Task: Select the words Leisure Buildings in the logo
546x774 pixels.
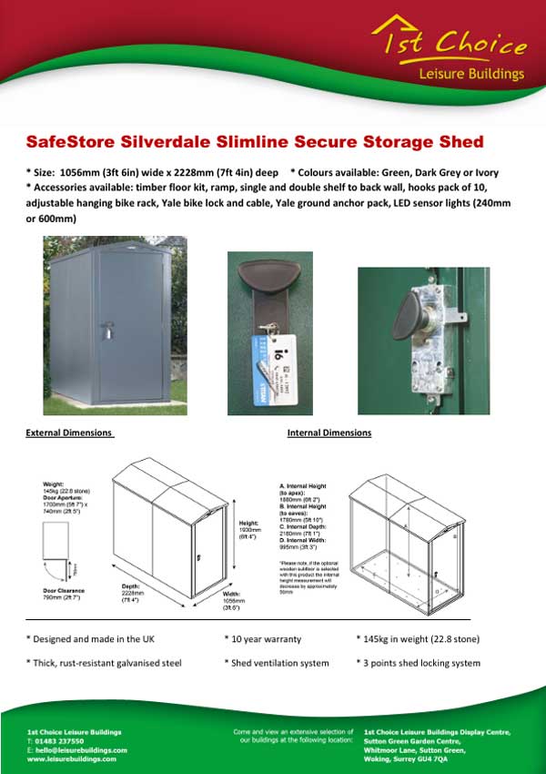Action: point(471,73)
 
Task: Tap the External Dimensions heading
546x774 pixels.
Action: point(69,433)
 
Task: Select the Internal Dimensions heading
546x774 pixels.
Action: point(329,433)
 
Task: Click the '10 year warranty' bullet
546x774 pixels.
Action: point(264,640)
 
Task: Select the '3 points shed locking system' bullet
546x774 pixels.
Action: point(418,663)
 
